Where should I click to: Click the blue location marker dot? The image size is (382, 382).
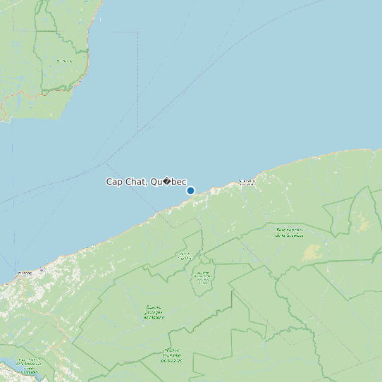coord(190,190)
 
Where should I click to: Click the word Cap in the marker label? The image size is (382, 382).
coord(113,182)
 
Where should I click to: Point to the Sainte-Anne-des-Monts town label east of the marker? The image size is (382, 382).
coord(247,181)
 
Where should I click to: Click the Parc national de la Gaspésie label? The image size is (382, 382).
coord(289,232)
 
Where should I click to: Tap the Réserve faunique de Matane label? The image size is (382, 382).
coord(154,312)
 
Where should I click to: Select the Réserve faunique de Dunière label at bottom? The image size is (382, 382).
coord(173,355)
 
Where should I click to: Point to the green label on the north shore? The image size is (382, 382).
coord(64,61)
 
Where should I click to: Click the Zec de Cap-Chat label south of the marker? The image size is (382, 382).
coord(185,256)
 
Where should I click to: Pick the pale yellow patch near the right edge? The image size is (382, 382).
coord(364,224)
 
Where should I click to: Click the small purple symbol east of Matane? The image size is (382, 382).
coord(42,270)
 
